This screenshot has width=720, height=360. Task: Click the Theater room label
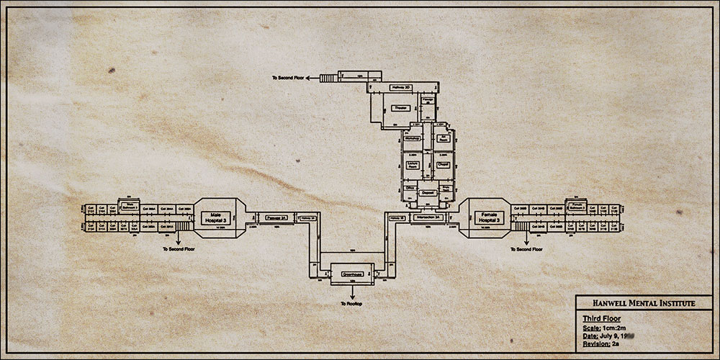[401, 108]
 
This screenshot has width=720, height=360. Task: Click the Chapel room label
[444, 165]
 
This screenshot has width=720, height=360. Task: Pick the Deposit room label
[428, 193]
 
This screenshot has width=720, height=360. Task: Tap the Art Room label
[444, 138]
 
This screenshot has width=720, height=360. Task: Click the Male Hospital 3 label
[215, 215]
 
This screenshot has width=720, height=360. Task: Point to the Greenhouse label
[351, 274]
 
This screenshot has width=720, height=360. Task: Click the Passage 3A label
[276, 216]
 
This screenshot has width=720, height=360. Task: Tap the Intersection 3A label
[426, 216]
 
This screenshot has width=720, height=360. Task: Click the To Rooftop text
[351, 305]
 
